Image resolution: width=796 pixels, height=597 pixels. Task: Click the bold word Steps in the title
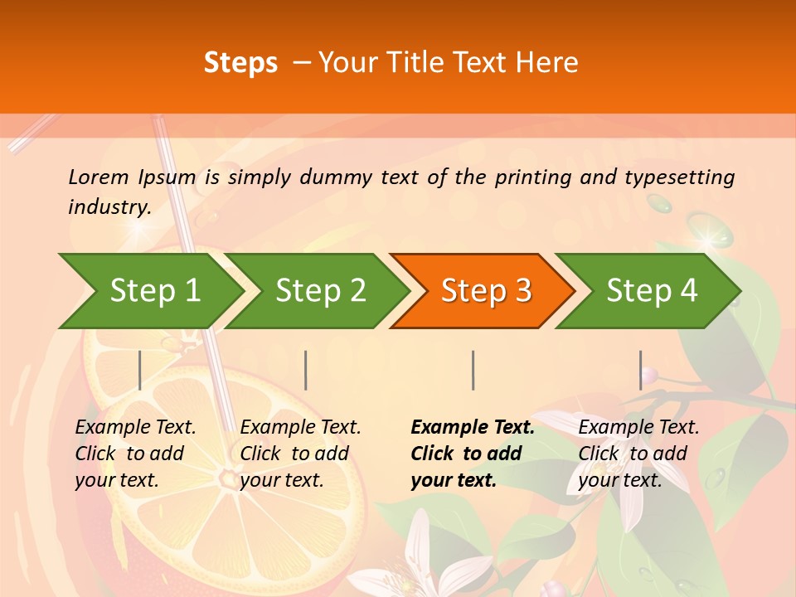coord(240,63)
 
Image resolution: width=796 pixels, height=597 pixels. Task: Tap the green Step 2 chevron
coord(319,290)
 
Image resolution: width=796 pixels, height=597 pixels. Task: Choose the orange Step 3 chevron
coord(485,290)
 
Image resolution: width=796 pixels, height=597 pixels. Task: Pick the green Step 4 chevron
coord(651,290)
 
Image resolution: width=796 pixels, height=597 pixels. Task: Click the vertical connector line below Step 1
coord(140,370)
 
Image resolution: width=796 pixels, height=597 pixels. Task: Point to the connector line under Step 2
coord(306,370)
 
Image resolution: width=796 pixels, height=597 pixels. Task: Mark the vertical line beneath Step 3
coord(473,370)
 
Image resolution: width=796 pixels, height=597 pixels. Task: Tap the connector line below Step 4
coord(640,370)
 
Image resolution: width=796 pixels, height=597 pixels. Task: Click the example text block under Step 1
coord(134,454)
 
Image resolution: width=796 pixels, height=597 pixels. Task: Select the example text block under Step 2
coord(299,454)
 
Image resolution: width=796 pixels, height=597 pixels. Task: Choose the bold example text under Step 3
coord(472,454)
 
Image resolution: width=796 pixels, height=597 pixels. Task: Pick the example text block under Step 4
coord(638,454)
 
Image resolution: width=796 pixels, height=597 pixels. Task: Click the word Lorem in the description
coord(99,177)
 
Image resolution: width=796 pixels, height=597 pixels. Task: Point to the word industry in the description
coord(109,206)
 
